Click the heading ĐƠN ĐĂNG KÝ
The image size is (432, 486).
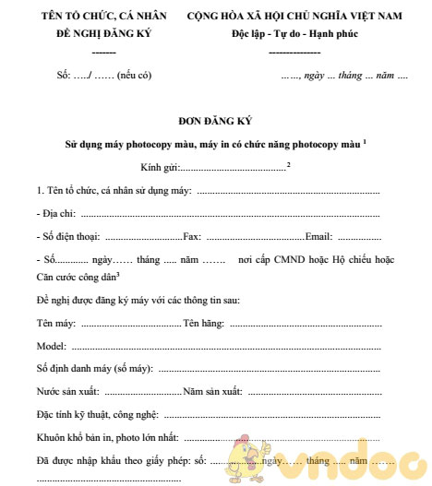coord(216,120)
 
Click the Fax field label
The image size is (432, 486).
coord(192,235)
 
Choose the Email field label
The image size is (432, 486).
coord(318,235)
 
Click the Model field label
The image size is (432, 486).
coord(51,347)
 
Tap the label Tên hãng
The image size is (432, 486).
coord(204,324)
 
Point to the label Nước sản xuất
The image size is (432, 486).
coord(68,391)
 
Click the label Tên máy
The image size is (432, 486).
coord(56,324)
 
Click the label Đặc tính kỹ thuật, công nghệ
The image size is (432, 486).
coord(98,414)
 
